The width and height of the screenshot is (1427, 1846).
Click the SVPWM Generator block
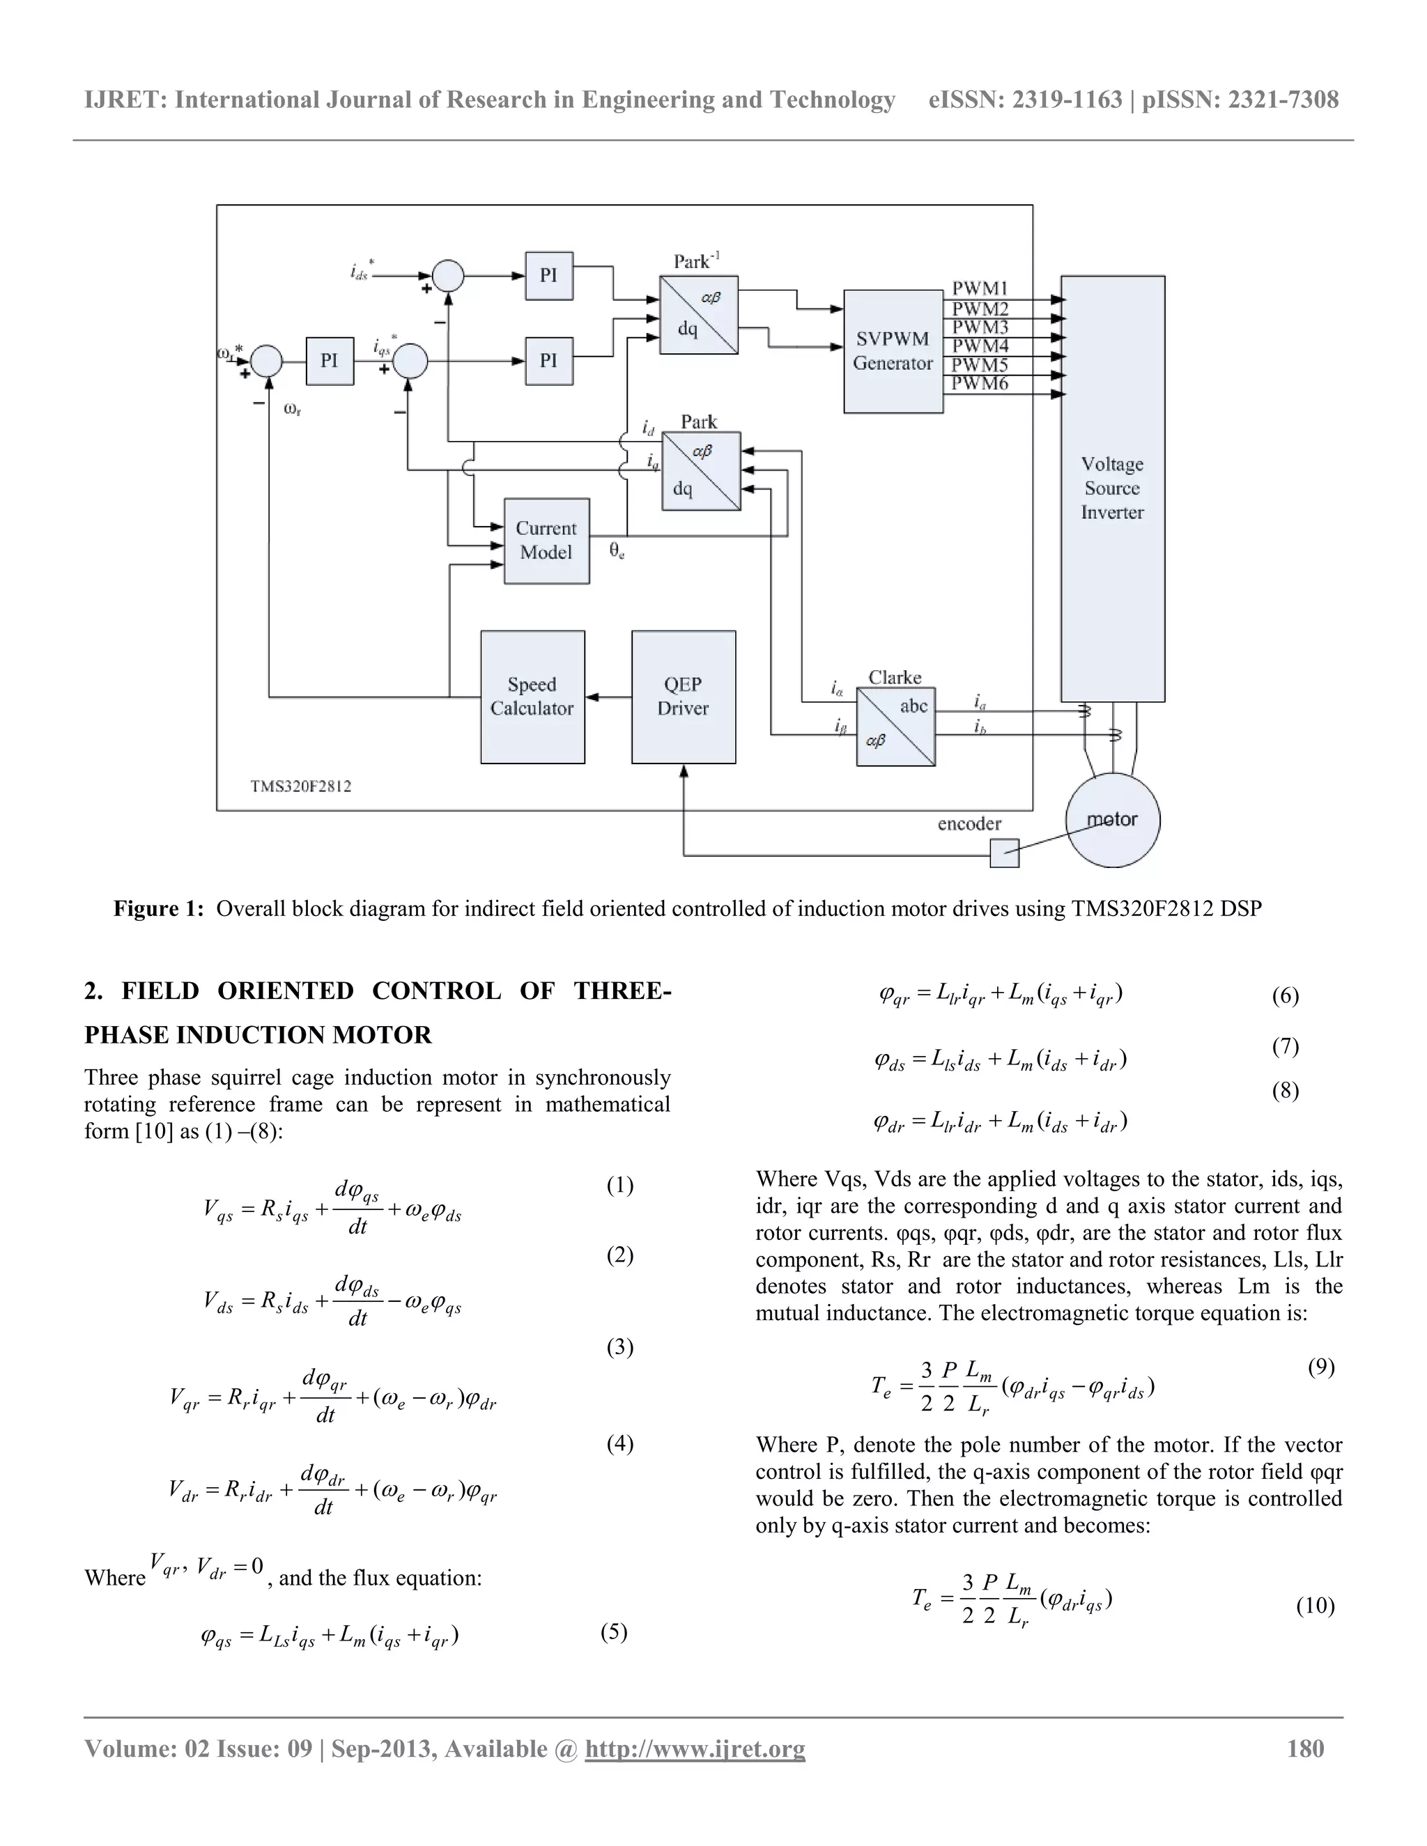(x=893, y=351)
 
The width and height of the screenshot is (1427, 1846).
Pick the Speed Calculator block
(x=532, y=697)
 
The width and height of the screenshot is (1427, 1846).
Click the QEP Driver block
(x=683, y=697)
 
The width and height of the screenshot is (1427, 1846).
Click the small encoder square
(x=1004, y=852)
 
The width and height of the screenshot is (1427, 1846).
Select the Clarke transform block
(x=895, y=727)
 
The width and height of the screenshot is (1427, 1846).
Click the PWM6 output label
(x=980, y=384)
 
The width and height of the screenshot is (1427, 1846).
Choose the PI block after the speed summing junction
(x=329, y=361)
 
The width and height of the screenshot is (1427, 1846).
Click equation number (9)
(x=1320, y=1367)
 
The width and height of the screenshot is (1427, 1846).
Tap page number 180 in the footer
(x=1305, y=1748)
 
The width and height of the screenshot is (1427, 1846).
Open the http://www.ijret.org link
(x=695, y=1748)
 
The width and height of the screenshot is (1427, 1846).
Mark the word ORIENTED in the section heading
(x=285, y=991)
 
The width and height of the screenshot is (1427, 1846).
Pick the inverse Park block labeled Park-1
(x=698, y=314)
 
